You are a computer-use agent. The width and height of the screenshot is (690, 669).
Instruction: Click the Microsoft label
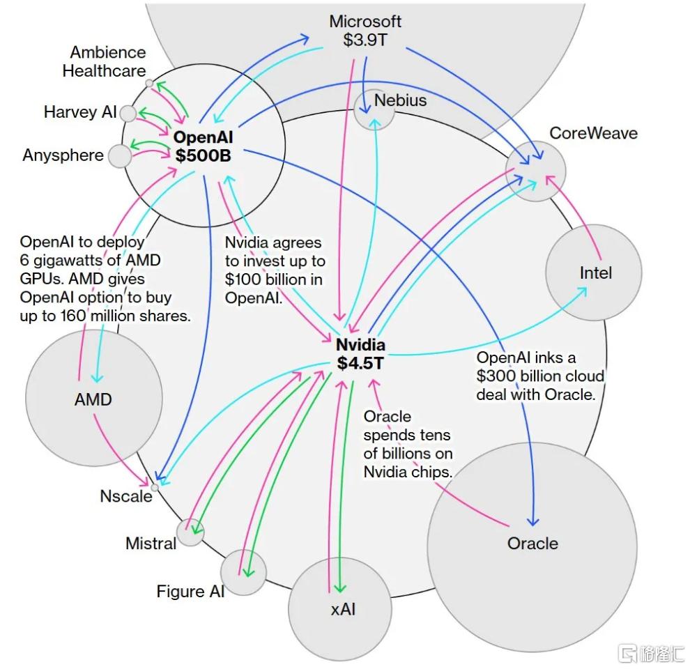pos(365,22)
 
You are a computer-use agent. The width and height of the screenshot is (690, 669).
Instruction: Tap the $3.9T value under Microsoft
pos(365,40)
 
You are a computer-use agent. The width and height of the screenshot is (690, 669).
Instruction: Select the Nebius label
pos(401,100)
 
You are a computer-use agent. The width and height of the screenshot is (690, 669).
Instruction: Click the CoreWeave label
pos(594,133)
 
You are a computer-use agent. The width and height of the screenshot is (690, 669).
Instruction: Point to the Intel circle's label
pos(596,273)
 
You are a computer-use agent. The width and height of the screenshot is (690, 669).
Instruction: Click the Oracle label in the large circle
pos(532,543)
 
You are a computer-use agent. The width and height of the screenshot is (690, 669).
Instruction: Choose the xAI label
pos(343,609)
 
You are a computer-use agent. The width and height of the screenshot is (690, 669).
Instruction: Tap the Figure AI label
pos(190,591)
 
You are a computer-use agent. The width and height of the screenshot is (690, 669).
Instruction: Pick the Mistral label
pos(151,543)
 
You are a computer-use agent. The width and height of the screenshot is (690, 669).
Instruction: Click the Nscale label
pos(126,496)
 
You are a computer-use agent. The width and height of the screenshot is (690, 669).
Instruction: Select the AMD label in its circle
pos(93,399)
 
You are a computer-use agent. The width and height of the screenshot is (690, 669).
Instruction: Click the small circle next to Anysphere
pos(120,156)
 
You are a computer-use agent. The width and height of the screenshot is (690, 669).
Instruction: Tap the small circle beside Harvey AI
pos(128,114)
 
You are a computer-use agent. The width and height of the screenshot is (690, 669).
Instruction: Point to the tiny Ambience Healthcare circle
pos(150,83)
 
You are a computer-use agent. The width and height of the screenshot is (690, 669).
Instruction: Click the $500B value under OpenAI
pos(204,155)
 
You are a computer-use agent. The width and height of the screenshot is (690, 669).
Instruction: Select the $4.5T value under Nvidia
pos(361,363)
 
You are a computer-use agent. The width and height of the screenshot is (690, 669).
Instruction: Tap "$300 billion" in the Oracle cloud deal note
pos(509,376)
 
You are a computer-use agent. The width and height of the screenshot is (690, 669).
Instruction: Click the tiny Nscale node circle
pos(155,488)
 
